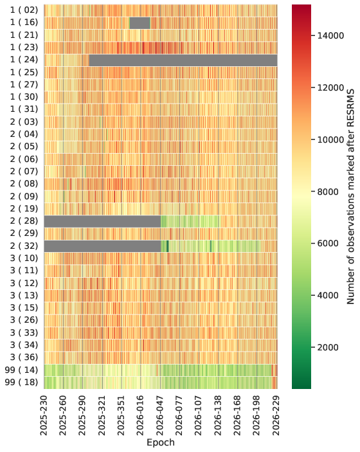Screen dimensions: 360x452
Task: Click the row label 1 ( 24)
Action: click(x=24, y=60)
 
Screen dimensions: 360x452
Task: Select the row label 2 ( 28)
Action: click(x=24, y=221)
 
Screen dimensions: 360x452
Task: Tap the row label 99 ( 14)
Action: click(x=22, y=370)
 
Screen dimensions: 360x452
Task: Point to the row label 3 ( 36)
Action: click(x=24, y=357)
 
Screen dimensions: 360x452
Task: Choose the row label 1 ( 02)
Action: click(x=24, y=10)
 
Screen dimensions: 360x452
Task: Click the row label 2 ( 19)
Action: click(x=24, y=209)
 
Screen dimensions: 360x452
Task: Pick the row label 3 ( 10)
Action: click(x=24, y=258)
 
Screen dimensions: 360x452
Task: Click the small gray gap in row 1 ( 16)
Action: click(x=139, y=23)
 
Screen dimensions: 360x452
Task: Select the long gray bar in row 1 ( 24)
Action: click(x=183, y=60)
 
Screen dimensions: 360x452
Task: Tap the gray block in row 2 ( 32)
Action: click(x=102, y=246)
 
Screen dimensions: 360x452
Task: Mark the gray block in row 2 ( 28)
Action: click(x=102, y=221)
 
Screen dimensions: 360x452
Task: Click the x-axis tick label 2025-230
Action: click(x=44, y=416)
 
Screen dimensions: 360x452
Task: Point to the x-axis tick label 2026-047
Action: click(x=160, y=416)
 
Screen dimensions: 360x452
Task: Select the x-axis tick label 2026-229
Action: click(x=276, y=416)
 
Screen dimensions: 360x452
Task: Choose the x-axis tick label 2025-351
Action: click(x=122, y=416)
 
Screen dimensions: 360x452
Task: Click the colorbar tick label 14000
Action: click(x=331, y=36)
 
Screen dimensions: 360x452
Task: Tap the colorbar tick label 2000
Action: click(x=328, y=347)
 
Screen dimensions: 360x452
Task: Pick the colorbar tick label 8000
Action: click(x=328, y=192)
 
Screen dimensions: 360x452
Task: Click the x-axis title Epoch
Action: click(x=161, y=442)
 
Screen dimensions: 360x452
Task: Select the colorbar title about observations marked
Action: click(x=350, y=197)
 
